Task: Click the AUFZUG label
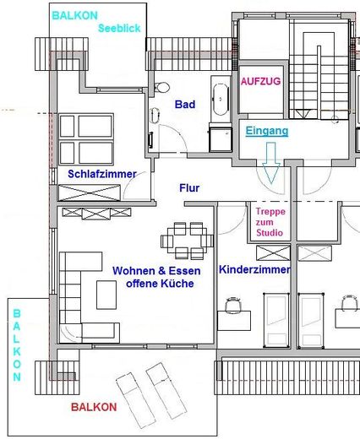pos(260,81)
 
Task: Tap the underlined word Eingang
pos(267,131)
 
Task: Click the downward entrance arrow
pos(271,163)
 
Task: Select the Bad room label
pos(185,105)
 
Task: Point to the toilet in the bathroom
pos(161,87)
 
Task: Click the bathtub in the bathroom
pos(221,100)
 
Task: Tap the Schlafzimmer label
pos(102,174)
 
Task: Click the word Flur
pos(189,188)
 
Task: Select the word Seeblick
pos(119,28)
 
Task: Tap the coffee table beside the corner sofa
pos(106,295)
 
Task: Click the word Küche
pos(177,284)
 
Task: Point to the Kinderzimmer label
pos(254,269)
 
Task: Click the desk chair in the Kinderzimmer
pos(233,305)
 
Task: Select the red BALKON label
pos(94,407)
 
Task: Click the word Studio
pos(270,233)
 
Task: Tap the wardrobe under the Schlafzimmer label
pos(90,192)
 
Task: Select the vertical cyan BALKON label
pos(17,345)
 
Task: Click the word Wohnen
pos(134,271)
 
